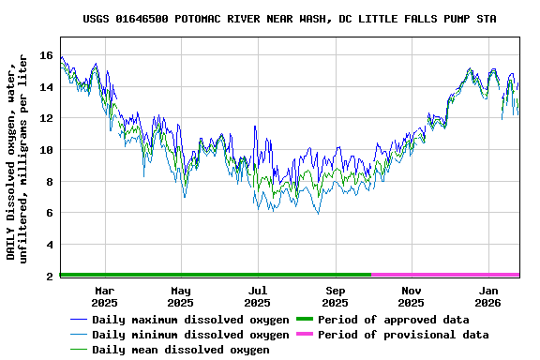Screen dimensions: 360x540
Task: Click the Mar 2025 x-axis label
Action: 104,296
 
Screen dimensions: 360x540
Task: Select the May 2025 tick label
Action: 181,296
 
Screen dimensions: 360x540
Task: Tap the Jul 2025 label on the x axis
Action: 258,296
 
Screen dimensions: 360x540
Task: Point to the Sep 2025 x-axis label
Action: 335,296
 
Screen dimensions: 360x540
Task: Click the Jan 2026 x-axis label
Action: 488,296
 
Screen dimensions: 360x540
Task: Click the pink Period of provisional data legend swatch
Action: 305,335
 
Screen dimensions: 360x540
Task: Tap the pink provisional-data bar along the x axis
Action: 445,275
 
